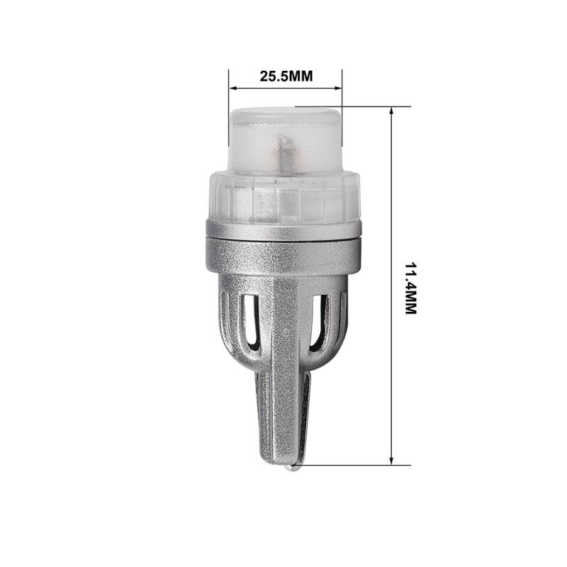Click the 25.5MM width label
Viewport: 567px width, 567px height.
coord(286,77)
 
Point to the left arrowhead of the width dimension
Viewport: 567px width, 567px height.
coord(232,89)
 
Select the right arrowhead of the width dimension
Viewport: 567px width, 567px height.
coord(339,89)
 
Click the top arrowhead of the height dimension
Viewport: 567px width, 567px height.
coord(392,111)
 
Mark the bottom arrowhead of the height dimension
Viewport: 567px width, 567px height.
coord(392,461)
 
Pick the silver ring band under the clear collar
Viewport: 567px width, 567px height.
coord(284,229)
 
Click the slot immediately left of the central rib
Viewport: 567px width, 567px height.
coord(249,322)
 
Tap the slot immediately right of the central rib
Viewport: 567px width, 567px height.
coord(319,322)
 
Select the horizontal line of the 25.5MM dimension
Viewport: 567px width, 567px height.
coord(286,89)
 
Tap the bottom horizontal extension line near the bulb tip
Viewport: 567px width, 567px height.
coord(354,466)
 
